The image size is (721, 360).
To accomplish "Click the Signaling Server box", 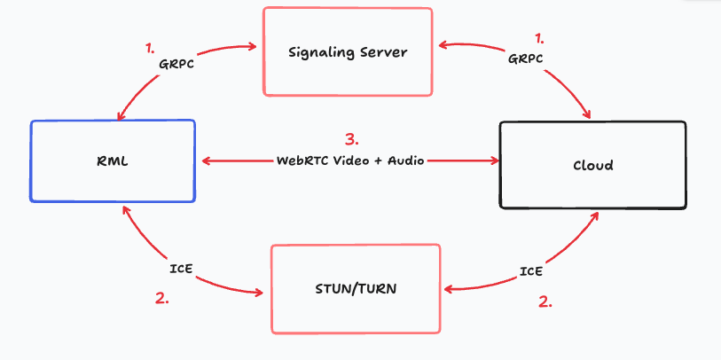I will point(348,51).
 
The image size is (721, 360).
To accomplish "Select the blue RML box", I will point(112,160).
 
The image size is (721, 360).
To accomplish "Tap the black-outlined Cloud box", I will point(592,165).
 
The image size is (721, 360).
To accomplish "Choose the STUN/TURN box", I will point(355,288).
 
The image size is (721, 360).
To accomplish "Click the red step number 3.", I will point(352,139).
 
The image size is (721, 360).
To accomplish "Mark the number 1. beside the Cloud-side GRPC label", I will point(539,39).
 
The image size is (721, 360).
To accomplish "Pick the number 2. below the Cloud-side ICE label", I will point(545,301).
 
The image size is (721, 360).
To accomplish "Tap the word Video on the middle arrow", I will point(355,160).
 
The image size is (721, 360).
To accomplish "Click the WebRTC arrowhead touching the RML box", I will point(207,160).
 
